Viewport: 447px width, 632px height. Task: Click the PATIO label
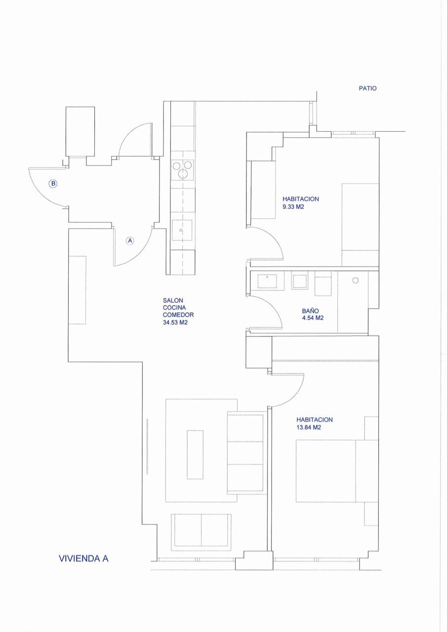tap(367, 88)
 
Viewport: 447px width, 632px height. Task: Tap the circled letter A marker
tap(130, 240)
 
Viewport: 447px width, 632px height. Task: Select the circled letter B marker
tap(53, 184)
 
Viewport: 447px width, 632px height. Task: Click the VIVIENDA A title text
tap(83, 558)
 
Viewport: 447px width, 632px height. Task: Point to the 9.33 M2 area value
tap(293, 207)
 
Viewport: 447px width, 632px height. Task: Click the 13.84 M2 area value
tap(308, 428)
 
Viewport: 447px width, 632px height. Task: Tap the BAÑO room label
tap(310, 311)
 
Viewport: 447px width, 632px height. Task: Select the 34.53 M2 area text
tap(175, 322)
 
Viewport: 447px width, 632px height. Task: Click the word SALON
tap(173, 301)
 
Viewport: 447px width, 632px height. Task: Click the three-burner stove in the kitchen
tap(183, 170)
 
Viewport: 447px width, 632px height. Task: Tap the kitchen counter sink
tap(182, 230)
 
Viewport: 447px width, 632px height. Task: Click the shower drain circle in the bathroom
tap(356, 280)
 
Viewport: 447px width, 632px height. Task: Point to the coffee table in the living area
tap(195, 455)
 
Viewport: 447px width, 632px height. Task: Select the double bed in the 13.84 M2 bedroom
tap(337, 471)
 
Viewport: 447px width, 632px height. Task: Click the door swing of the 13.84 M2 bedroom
tap(295, 397)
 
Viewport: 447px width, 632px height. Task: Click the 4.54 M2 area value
tap(313, 318)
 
